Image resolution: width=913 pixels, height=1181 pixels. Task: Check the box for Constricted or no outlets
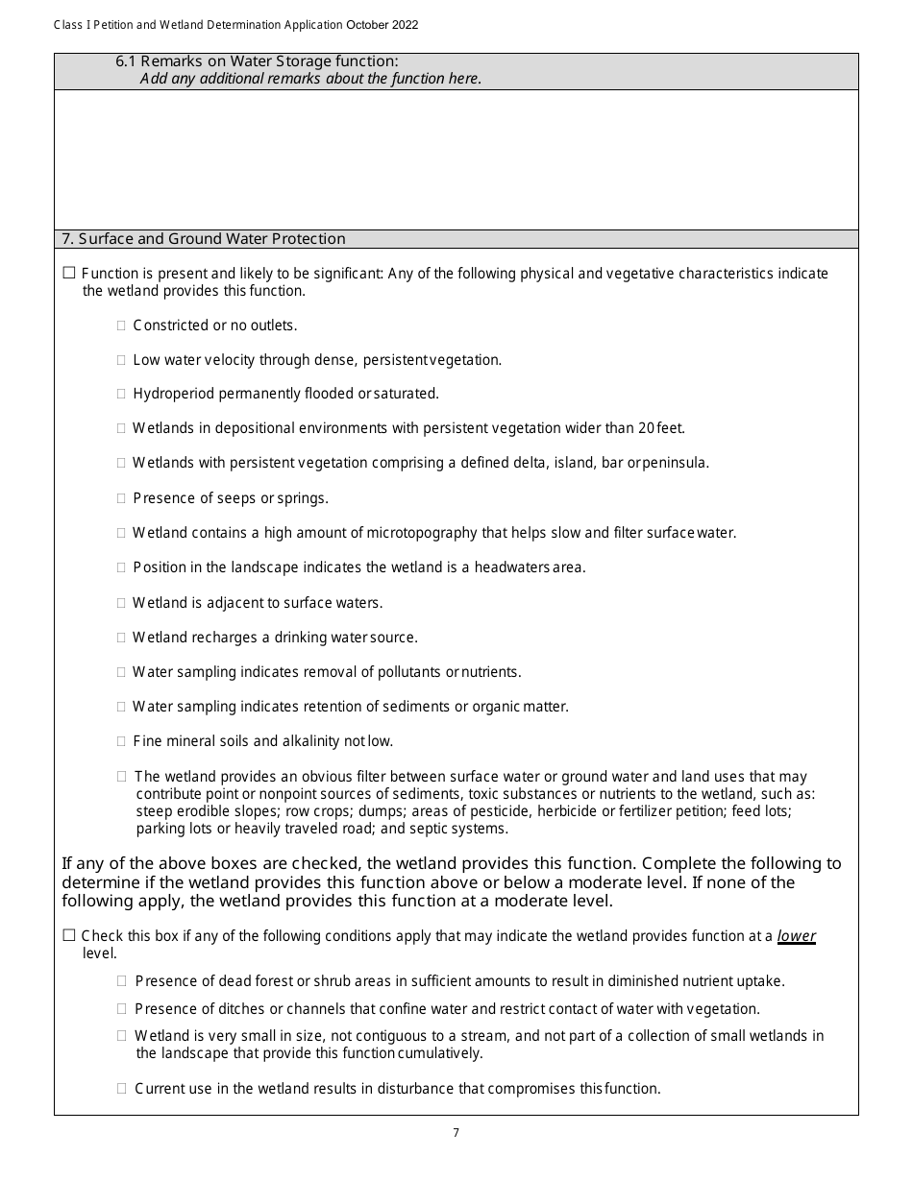click(x=122, y=325)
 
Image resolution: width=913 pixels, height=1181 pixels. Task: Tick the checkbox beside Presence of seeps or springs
click(x=122, y=498)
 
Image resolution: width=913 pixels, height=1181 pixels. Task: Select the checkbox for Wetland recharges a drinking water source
click(x=122, y=638)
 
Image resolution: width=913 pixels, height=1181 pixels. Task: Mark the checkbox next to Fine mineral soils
click(x=122, y=741)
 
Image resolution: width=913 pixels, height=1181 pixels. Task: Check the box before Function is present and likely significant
click(x=69, y=274)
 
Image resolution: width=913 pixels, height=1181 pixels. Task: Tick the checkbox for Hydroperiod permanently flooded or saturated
click(x=122, y=394)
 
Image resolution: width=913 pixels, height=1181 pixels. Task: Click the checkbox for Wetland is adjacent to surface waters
click(x=122, y=603)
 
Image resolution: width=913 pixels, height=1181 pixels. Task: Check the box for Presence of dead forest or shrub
click(x=122, y=981)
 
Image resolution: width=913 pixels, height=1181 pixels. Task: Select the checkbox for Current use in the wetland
click(x=122, y=1089)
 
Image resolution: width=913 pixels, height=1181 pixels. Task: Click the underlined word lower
click(x=796, y=936)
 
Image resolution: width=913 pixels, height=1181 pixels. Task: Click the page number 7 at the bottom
click(x=456, y=1133)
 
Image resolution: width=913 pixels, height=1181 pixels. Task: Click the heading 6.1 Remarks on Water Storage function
click(x=257, y=61)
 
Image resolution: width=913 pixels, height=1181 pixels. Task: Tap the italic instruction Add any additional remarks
click(x=309, y=79)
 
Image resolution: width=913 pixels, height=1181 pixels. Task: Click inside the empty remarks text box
click(x=456, y=159)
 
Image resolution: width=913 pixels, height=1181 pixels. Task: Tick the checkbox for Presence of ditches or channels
click(x=122, y=1009)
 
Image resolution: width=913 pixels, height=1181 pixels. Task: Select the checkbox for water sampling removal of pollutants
click(x=122, y=672)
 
